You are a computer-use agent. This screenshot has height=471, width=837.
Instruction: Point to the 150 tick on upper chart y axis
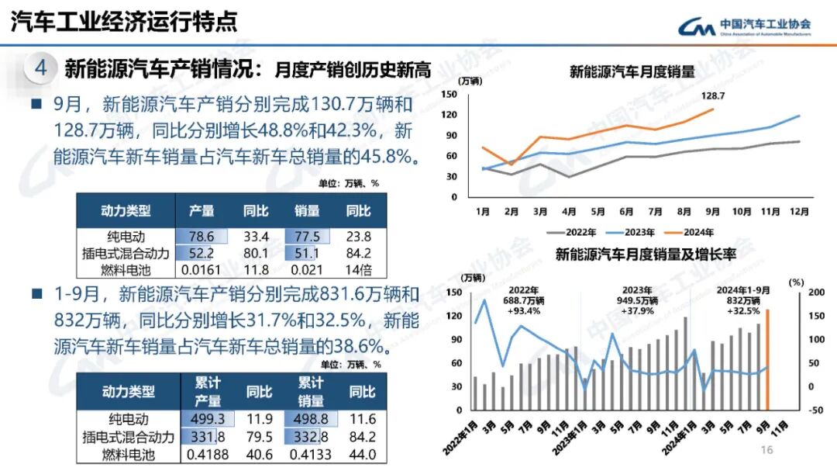coord(449,94)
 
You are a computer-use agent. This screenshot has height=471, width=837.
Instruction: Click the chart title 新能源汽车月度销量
coord(632,72)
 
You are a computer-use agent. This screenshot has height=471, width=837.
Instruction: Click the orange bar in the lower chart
coord(767,359)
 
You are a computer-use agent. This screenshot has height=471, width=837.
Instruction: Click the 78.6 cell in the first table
coord(201,237)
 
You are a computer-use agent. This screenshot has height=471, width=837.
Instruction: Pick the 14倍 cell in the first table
coord(358,271)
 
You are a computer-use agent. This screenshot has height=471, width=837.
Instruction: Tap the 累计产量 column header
coord(208,391)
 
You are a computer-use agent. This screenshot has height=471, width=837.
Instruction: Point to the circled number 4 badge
coord(40,68)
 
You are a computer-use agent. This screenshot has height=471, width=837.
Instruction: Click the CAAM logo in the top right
coord(745,26)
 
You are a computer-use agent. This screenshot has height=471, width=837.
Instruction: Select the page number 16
coord(766,451)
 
